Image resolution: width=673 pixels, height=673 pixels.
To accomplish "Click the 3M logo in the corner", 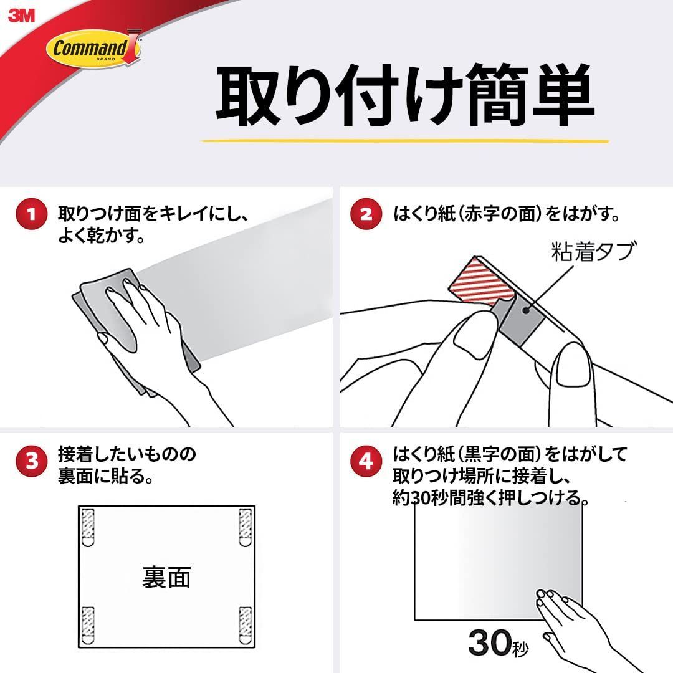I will tap(21, 16).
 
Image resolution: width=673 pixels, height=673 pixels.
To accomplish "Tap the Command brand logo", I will tap(95, 47).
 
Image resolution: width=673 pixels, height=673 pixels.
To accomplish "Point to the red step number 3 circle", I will tap(31, 461).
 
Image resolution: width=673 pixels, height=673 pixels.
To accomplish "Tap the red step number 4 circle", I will tap(366, 461).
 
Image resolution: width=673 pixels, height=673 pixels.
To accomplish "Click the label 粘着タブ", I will tap(591, 252).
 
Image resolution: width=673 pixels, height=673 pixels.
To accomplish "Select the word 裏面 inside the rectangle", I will tap(166, 578).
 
